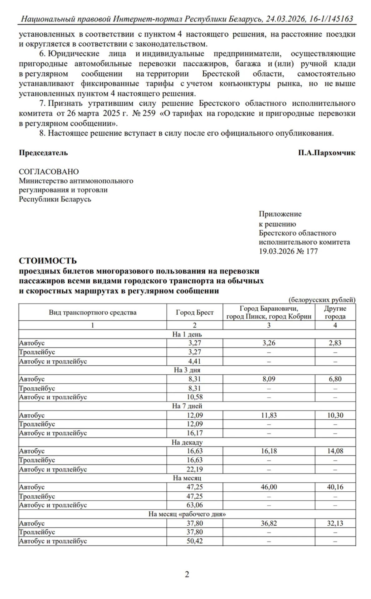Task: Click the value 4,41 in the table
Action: click(194, 361)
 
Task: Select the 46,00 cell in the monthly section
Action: click(269, 487)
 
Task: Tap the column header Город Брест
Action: click(194, 312)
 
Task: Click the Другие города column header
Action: click(335, 312)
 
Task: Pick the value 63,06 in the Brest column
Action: click(194, 505)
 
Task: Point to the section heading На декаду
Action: click(187, 442)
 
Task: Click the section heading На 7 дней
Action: click(187, 406)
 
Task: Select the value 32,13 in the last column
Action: click(335, 523)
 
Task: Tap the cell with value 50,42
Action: click(194, 541)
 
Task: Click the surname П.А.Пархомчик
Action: click(326, 153)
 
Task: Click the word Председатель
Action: click(43, 153)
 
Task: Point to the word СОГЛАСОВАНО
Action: click(49, 172)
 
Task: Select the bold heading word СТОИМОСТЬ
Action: click(48, 261)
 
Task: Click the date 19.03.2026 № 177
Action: click(288, 251)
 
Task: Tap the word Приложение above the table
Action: click(280, 214)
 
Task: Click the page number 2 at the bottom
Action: click(187, 574)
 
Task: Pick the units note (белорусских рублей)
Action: click(322, 300)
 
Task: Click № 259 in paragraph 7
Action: click(144, 113)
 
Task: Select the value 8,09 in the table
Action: click(269, 379)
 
